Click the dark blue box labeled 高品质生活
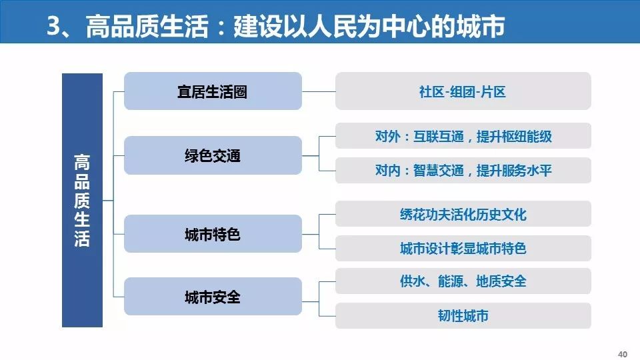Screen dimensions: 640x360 pyautogui.click(x=82, y=200)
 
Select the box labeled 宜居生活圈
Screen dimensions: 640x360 pyautogui.click(x=213, y=91)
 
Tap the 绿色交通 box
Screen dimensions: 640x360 pyautogui.click(x=213, y=156)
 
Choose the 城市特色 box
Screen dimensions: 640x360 pyautogui.click(x=213, y=234)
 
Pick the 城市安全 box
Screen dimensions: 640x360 pyautogui.click(x=213, y=297)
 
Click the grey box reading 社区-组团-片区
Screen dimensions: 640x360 pyautogui.click(x=463, y=91)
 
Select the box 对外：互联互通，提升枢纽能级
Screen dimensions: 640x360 pyautogui.click(x=463, y=137)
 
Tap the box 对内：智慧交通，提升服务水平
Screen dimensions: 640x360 pyautogui.click(x=463, y=171)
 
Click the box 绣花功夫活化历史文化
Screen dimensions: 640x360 pyautogui.click(x=463, y=214)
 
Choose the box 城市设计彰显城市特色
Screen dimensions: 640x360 pyautogui.click(x=463, y=249)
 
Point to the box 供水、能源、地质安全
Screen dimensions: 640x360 pyautogui.click(x=463, y=281)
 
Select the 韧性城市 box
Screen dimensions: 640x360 pyautogui.click(x=463, y=315)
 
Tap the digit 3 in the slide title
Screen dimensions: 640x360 pyautogui.click(x=55, y=27)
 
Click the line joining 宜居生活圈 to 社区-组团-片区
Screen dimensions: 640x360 pyautogui.click(x=319, y=91)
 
